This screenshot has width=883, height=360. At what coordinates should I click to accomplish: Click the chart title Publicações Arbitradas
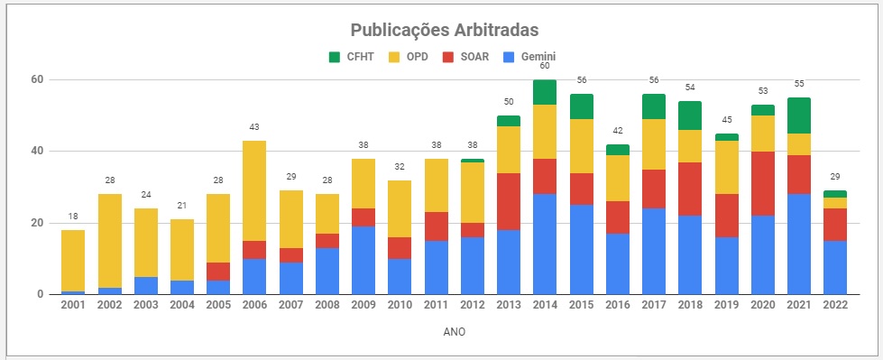pyautogui.click(x=444, y=30)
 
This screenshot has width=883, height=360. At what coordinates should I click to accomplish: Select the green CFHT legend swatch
pyautogui.click(x=335, y=57)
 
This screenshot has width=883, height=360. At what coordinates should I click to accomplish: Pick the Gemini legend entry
pyautogui.click(x=530, y=57)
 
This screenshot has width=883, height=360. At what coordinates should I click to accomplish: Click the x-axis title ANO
pyautogui.click(x=454, y=332)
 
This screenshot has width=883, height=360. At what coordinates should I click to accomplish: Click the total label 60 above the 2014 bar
pyautogui.click(x=544, y=66)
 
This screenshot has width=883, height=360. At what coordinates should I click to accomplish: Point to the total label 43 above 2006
pyautogui.click(x=253, y=127)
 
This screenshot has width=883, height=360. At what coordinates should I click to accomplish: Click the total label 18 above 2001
pyautogui.click(x=72, y=217)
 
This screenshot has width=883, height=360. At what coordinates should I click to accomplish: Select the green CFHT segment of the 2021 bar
pyautogui.click(x=798, y=115)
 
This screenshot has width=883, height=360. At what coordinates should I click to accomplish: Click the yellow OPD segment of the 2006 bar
pyautogui.click(x=253, y=190)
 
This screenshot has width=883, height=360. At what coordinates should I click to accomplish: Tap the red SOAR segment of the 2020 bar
pyautogui.click(x=762, y=183)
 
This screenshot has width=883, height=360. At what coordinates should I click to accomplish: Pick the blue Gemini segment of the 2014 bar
pyautogui.click(x=544, y=244)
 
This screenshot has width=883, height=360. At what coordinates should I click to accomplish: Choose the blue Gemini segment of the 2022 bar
pyautogui.click(x=834, y=267)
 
